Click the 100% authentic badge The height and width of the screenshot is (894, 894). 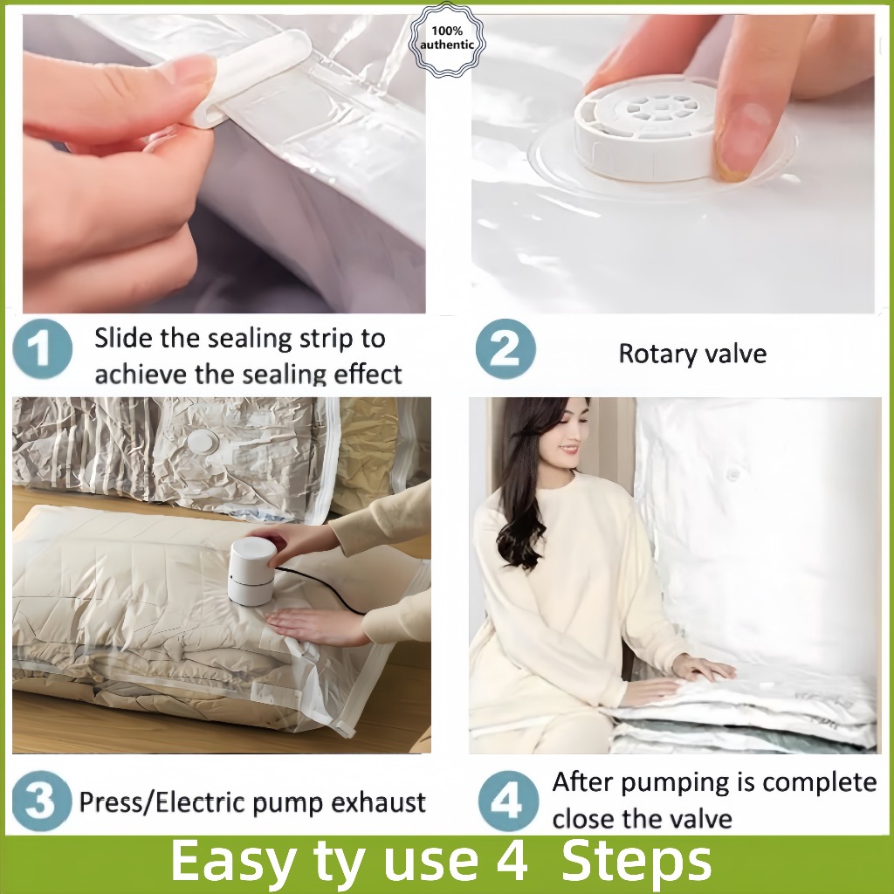point(447,38)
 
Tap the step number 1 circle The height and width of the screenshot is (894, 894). point(42,348)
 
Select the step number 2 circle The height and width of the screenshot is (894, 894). point(505,348)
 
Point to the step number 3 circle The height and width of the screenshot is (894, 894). point(42,801)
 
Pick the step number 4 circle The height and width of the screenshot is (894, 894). point(508,801)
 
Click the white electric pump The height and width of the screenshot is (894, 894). point(252,571)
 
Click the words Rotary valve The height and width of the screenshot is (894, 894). point(692,354)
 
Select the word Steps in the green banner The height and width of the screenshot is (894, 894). point(636,862)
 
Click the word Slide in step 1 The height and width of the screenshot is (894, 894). point(124,338)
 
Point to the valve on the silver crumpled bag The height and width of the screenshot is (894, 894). point(202,441)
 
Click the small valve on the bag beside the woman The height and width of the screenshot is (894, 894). point(733,473)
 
